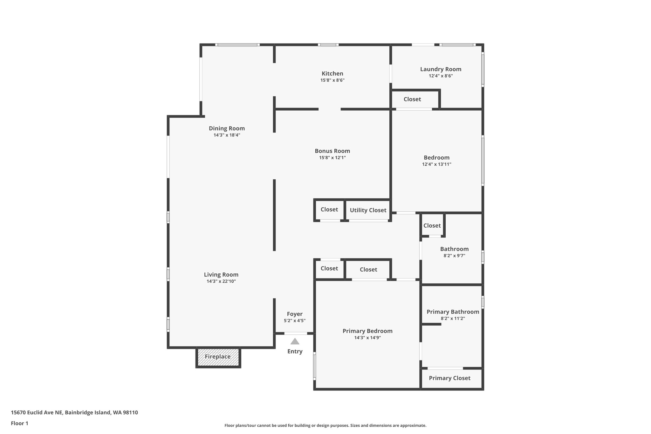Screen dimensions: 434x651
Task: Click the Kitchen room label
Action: [332, 73]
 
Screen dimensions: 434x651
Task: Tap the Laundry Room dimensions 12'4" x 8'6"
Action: [441, 76]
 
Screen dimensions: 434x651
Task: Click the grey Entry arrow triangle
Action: [295, 342]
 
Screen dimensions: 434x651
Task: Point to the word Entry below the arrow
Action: [295, 351]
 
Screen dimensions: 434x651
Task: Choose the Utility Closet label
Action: [368, 210]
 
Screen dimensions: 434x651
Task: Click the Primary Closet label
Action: [449, 378]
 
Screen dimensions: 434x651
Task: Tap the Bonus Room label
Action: [332, 151]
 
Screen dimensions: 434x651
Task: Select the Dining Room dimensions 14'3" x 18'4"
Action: [227, 135]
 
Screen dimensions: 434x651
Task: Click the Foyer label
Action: [295, 314]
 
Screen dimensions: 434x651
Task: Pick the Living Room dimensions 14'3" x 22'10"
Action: [221, 281]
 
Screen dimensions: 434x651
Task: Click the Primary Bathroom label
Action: [453, 312]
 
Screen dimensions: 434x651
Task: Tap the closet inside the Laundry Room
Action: [412, 99]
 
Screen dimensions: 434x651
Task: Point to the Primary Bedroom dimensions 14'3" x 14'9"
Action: [367, 338]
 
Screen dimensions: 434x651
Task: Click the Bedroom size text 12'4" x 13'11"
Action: [436, 164]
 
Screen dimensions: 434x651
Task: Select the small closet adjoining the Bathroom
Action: [432, 225]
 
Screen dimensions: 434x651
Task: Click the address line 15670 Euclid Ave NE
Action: [74, 413]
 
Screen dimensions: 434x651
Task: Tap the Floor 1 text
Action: [19, 424]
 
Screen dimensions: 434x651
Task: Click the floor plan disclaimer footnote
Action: [325, 425]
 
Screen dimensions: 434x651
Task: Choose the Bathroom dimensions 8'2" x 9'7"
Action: [454, 256]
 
